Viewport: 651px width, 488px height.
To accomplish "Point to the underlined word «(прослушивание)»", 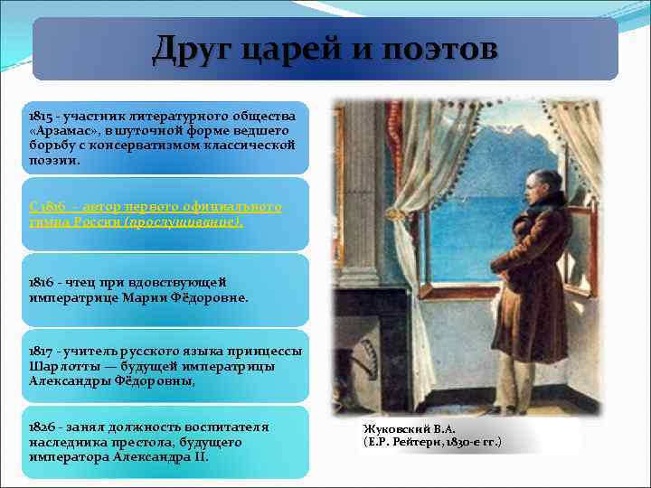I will [x=196, y=221].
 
